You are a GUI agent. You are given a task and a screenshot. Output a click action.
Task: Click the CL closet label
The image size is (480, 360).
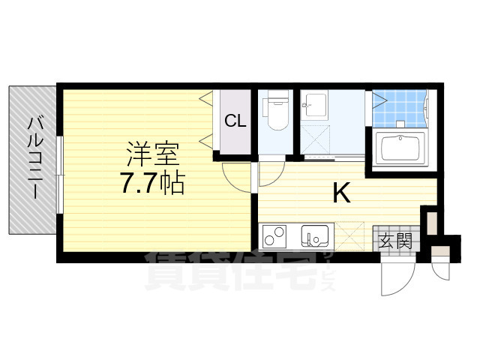235,121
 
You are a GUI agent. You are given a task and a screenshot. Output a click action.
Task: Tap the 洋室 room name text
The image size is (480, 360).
153,155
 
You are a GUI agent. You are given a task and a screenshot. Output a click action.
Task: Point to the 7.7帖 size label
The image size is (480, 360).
153,183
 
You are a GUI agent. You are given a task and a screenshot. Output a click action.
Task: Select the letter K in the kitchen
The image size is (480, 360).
341,192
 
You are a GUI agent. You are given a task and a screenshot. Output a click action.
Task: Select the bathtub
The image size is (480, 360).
400,149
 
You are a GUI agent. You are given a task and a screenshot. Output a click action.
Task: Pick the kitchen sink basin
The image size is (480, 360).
315,235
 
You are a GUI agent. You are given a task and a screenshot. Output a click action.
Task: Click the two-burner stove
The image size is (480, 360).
274,235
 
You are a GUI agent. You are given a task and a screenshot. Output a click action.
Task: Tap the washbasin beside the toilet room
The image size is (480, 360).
314,105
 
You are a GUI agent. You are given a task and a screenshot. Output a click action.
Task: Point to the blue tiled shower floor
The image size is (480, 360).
399,108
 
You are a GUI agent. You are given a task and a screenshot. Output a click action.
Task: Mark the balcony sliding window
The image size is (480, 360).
60,175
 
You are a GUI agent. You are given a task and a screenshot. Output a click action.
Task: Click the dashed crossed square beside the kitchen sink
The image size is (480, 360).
349,235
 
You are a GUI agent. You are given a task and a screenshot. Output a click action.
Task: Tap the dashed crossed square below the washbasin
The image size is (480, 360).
315,139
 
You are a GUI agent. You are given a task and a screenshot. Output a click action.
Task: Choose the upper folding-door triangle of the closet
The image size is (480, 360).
205,98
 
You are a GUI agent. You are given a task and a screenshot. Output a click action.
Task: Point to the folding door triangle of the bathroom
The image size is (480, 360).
379,99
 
